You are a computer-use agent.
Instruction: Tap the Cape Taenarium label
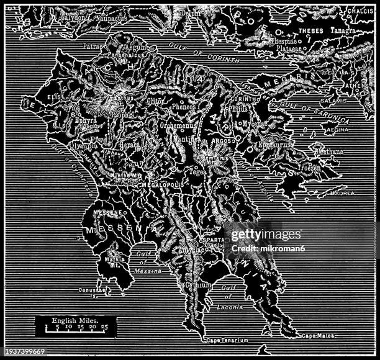227,340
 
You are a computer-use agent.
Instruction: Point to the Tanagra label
343,31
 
